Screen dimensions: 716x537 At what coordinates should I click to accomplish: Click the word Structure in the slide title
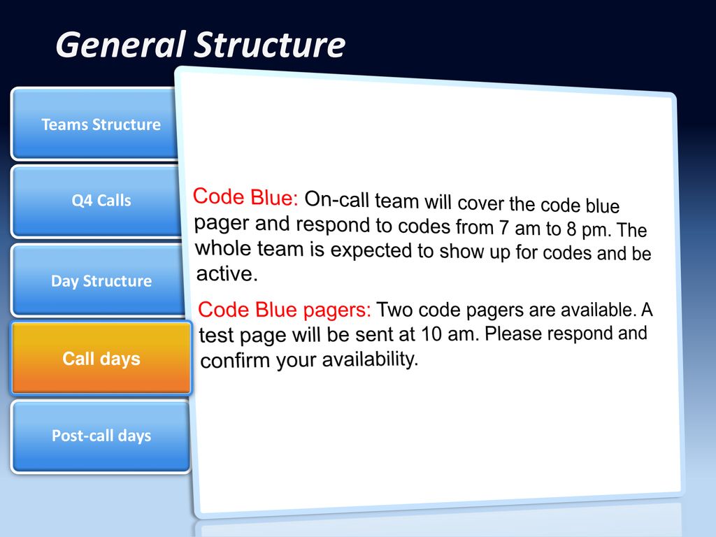(270, 45)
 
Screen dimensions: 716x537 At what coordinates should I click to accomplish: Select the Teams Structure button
(95, 124)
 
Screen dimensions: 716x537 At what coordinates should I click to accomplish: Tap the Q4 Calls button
(97, 201)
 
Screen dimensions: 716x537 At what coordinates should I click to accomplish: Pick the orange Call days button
(101, 359)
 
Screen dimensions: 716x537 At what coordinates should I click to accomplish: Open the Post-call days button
(101, 436)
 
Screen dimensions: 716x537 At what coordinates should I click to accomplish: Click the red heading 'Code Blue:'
(245, 197)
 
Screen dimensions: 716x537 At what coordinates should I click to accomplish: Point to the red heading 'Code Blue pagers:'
(285, 310)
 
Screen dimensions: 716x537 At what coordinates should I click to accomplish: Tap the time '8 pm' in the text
(589, 229)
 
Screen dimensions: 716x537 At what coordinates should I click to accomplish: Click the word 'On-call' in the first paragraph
(336, 200)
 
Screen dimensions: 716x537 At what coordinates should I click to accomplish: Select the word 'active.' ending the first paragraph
(227, 274)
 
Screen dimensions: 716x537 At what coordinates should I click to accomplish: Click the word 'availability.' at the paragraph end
(371, 359)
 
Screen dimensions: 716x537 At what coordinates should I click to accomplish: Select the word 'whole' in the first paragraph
(223, 248)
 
